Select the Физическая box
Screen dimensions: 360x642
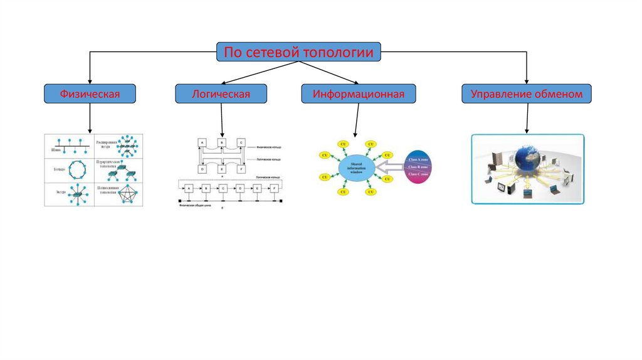(90, 94)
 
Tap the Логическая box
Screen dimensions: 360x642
(221, 94)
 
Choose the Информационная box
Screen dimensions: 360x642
(358, 94)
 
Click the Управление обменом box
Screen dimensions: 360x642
(527, 94)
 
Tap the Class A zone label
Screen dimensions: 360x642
(418, 159)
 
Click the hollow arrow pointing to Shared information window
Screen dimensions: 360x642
(389, 167)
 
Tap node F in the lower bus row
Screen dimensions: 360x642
(274, 188)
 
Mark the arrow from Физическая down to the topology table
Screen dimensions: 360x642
(90, 118)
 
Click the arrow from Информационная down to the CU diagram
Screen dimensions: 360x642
(356, 120)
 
